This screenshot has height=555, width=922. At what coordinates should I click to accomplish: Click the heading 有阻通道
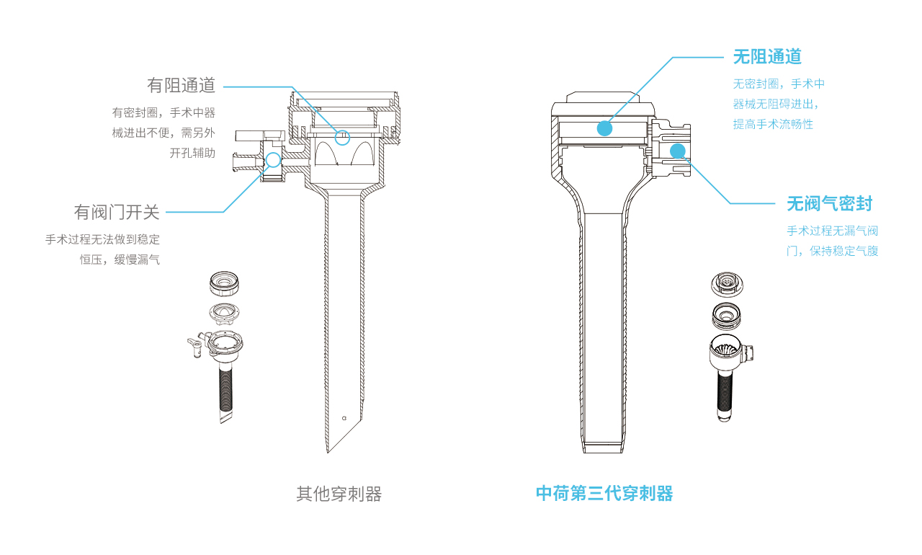tap(181, 85)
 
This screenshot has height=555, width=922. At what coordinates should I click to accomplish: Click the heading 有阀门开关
tap(117, 212)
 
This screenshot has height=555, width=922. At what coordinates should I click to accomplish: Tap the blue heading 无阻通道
tap(767, 57)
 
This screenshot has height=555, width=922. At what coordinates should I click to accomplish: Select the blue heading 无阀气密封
tap(829, 204)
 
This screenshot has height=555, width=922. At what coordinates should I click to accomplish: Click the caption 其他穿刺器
tap(339, 494)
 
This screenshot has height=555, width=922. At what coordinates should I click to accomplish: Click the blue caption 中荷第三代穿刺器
tap(604, 493)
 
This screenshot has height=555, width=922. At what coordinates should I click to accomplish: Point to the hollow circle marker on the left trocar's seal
tap(342, 138)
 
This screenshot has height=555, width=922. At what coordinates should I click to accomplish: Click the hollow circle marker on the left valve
tap(273, 160)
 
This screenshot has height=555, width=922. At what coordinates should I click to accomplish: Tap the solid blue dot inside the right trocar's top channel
tap(604, 128)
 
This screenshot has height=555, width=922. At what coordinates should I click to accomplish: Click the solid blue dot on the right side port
tap(678, 151)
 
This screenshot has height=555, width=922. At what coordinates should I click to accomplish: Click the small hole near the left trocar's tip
tap(344, 418)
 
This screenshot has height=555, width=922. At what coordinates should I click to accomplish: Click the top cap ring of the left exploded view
tap(224, 284)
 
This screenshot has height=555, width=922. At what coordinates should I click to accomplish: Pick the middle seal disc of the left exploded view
tap(224, 313)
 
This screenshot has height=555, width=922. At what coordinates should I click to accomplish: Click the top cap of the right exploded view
tap(727, 284)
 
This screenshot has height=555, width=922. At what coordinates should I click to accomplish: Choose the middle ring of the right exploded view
tap(726, 316)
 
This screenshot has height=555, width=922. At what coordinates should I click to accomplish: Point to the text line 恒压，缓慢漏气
tap(120, 259)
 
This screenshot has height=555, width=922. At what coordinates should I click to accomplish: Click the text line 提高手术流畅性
tap(773, 125)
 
